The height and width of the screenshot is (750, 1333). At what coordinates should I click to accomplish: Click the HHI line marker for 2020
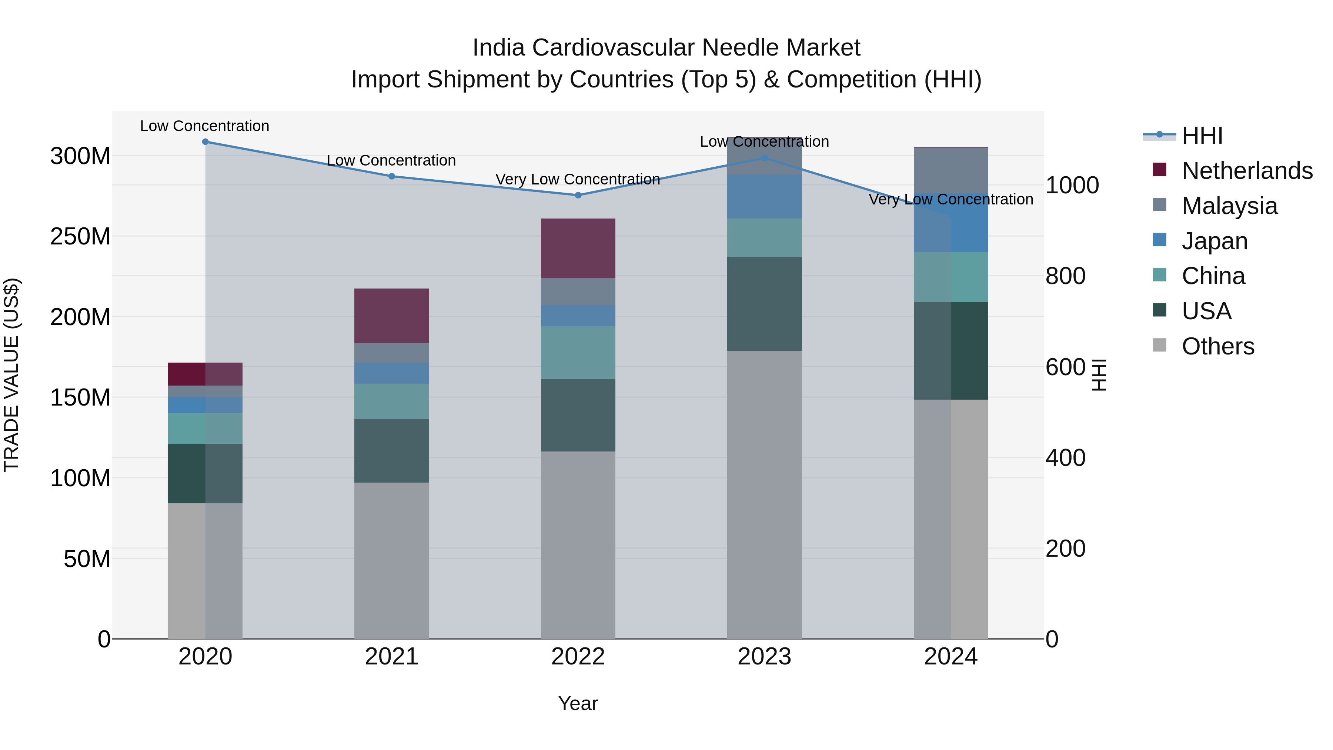(x=206, y=141)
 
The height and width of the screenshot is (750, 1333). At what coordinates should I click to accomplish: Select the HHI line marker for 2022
(x=578, y=195)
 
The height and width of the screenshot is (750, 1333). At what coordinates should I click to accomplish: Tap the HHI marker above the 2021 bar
(x=392, y=176)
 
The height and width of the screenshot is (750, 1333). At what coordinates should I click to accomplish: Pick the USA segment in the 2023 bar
(x=764, y=303)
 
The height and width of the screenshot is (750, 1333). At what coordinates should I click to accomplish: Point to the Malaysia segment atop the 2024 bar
(x=951, y=170)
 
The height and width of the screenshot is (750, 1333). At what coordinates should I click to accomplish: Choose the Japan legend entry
(x=1213, y=241)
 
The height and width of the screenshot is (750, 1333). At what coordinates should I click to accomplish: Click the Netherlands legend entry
(x=1246, y=171)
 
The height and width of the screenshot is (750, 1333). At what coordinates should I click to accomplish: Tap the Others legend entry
(x=1217, y=346)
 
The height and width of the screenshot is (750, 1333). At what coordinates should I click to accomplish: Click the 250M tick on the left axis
(x=80, y=237)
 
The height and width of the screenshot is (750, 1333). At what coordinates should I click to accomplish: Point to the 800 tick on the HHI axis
(x=1065, y=276)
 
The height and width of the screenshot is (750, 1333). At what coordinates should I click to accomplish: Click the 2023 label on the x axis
(x=764, y=657)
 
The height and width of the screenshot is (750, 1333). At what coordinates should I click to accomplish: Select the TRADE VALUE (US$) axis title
(x=11, y=375)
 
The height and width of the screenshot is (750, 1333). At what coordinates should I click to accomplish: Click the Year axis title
(x=578, y=703)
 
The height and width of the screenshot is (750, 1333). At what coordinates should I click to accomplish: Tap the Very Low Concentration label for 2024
(x=951, y=199)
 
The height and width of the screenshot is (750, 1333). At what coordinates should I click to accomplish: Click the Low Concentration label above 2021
(x=391, y=160)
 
